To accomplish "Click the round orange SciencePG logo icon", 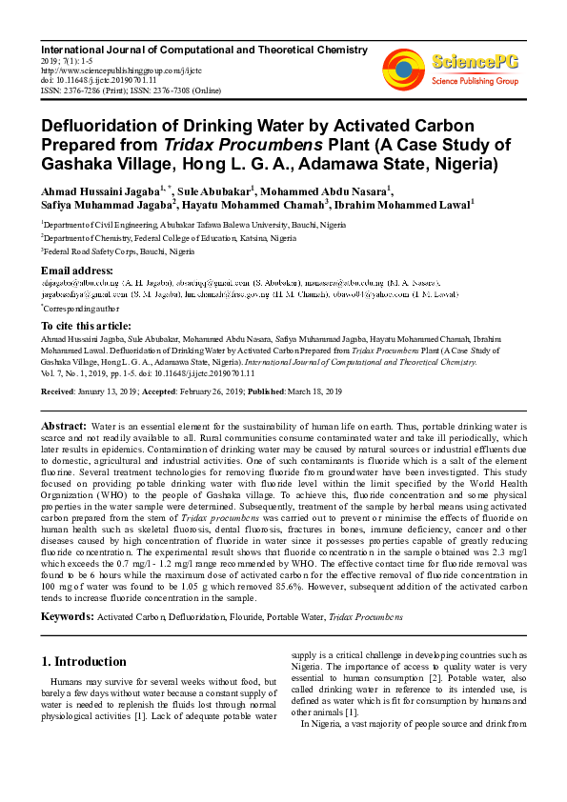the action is pos(403,68).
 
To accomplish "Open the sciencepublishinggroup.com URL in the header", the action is pos(121,70).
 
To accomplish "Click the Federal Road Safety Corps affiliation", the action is pos(119,251).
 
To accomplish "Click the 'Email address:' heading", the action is pos(79,271).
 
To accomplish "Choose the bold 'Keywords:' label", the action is pos(67,617).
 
